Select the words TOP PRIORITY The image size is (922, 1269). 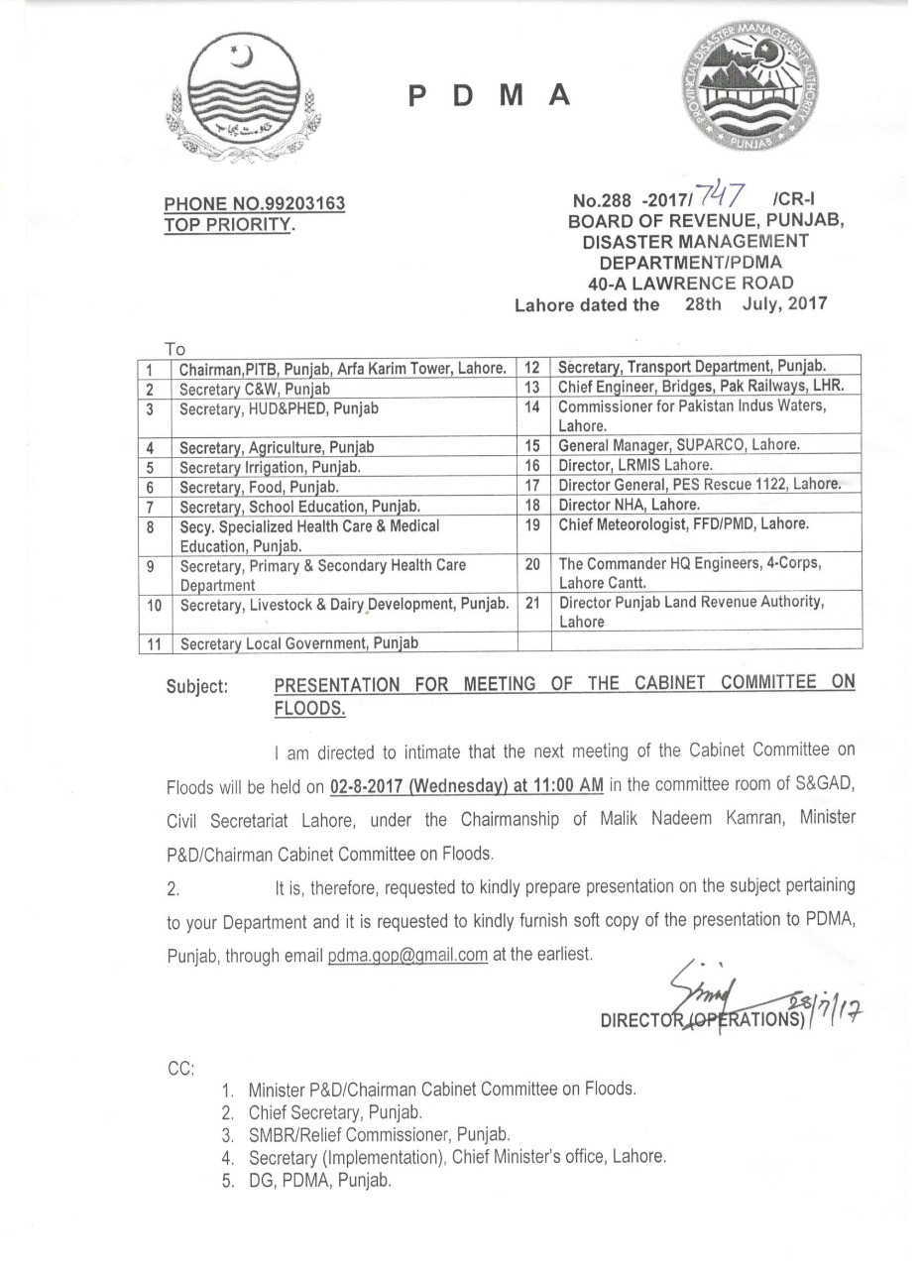click(x=229, y=224)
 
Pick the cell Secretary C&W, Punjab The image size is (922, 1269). click(x=255, y=390)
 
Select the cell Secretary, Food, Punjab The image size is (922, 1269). click(x=259, y=487)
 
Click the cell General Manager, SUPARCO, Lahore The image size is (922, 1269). click(x=679, y=445)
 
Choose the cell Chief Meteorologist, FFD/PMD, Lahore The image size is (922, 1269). click(x=683, y=522)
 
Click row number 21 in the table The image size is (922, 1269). click(x=531, y=602)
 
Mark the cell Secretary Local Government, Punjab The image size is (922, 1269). click(x=299, y=643)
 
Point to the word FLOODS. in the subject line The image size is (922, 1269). click(x=309, y=708)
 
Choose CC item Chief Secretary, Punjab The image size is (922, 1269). click(x=336, y=1111)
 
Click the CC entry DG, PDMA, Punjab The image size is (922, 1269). click(x=320, y=1180)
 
